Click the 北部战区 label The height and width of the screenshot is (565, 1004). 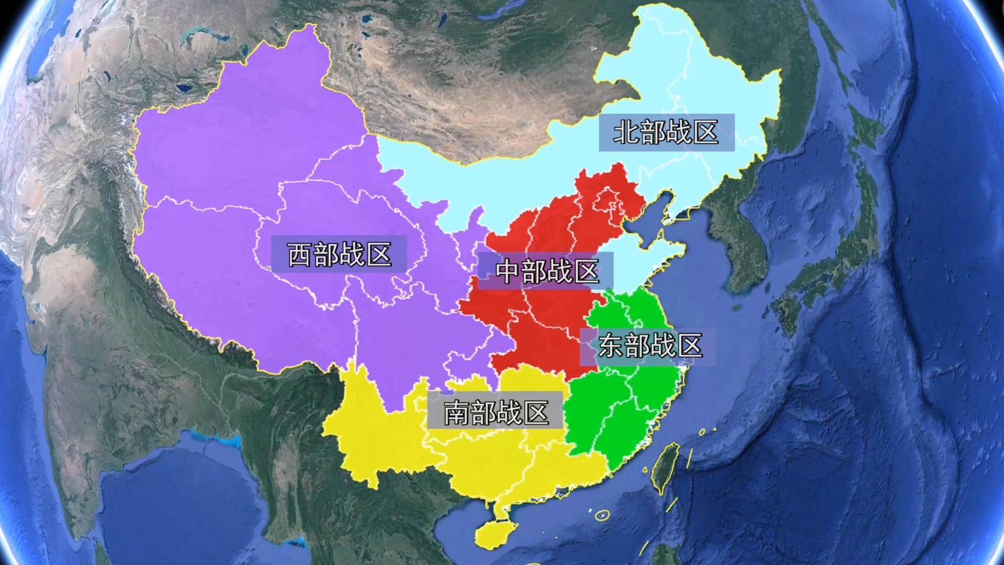click(666, 132)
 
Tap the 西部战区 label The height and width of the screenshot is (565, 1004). click(339, 254)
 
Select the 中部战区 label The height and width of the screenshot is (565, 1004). click(546, 271)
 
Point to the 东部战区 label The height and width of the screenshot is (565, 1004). click(649, 346)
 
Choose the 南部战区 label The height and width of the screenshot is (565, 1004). click(496, 413)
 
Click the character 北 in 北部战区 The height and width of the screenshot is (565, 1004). click(625, 132)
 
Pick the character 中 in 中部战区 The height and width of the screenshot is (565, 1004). click(508, 271)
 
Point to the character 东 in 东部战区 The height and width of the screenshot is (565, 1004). click(611, 346)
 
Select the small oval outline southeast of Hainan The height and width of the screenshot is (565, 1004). click(602, 515)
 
